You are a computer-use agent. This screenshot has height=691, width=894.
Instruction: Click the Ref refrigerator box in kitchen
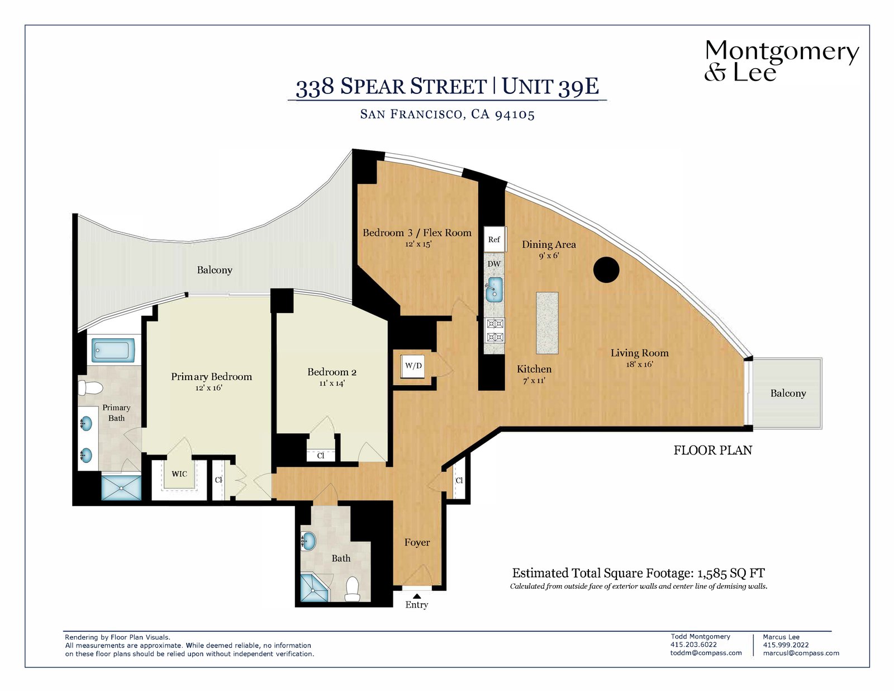click(x=494, y=239)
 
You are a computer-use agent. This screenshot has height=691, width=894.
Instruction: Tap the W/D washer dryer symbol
click(x=413, y=366)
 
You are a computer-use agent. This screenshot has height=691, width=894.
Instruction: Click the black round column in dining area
click(x=606, y=270)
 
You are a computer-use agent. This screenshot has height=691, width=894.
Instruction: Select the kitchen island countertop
click(x=547, y=323)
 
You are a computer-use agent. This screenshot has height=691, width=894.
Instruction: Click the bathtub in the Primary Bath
click(x=113, y=351)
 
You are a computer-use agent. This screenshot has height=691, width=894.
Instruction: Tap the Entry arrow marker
click(x=417, y=596)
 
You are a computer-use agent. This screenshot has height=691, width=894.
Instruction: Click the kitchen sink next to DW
click(x=494, y=290)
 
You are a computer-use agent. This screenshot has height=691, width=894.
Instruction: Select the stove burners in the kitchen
click(x=494, y=330)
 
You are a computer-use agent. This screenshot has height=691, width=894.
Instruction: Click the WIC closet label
click(x=179, y=474)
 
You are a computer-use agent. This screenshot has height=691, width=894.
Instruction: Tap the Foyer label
click(x=417, y=542)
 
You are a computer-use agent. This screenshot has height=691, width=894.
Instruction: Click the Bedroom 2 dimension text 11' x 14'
click(x=332, y=384)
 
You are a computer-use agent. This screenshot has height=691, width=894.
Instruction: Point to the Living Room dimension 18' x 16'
click(x=639, y=365)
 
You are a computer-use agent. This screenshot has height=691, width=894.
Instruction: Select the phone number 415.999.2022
click(x=786, y=645)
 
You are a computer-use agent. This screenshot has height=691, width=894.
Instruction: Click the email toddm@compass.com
click(x=706, y=653)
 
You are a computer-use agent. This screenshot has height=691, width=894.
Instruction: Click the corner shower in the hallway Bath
click(x=315, y=588)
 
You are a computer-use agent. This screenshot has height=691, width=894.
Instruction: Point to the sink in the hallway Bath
click(x=308, y=541)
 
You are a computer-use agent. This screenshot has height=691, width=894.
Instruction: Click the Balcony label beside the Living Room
click(x=788, y=393)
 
